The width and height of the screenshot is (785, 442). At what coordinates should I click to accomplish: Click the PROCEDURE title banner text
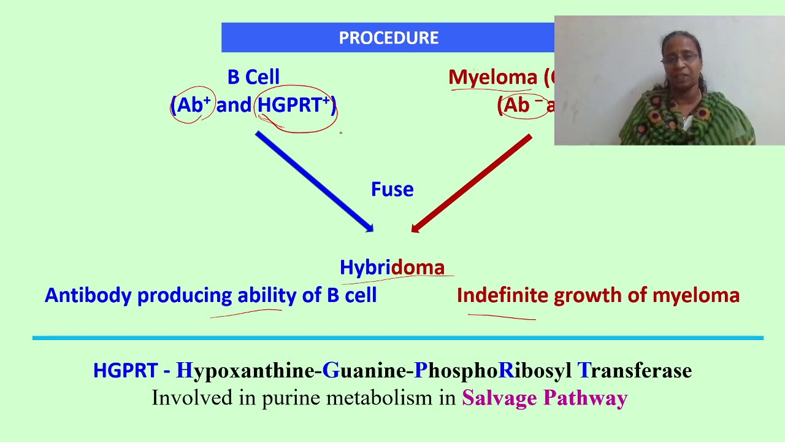[388, 38]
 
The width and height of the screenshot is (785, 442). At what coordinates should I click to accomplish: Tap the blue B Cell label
[253, 77]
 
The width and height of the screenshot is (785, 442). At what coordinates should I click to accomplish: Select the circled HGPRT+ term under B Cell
[294, 106]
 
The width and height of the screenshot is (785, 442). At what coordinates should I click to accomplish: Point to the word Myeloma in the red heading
[492, 77]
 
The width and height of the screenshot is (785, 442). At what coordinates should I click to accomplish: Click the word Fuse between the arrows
[392, 189]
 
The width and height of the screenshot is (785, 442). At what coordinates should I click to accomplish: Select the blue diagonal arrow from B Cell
[314, 182]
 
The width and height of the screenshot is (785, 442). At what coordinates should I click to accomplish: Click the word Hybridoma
[392, 268]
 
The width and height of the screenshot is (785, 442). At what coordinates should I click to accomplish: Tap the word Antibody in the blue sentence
[88, 295]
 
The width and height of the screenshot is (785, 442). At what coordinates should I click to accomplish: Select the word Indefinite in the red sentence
[502, 295]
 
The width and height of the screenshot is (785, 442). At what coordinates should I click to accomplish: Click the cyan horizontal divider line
[397, 338]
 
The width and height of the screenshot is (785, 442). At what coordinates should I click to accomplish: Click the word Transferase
[634, 371]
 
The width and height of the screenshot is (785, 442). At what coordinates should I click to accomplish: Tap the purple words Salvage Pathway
[545, 398]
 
